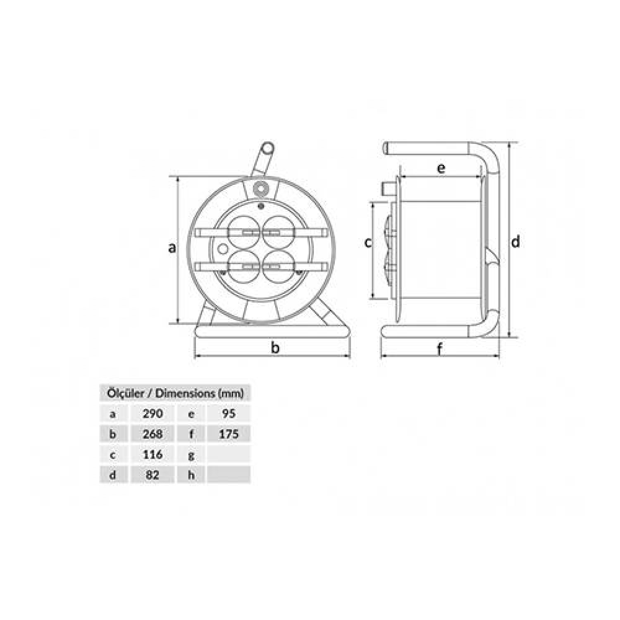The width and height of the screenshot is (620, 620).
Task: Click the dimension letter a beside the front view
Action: (x=172, y=248)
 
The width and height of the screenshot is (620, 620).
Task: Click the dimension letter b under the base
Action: (x=275, y=348)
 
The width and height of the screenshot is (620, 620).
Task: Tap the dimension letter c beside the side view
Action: (x=368, y=242)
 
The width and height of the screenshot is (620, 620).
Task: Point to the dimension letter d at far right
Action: (x=515, y=241)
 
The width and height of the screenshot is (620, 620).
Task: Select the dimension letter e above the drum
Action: (x=441, y=168)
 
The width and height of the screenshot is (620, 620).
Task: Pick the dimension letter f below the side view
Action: (x=439, y=349)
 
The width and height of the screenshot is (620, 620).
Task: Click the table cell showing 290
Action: (x=153, y=413)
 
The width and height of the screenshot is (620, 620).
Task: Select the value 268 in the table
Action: (x=153, y=434)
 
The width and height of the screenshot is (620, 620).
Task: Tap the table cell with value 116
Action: (x=153, y=454)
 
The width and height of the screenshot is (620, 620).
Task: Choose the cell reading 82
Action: (x=153, y=475)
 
